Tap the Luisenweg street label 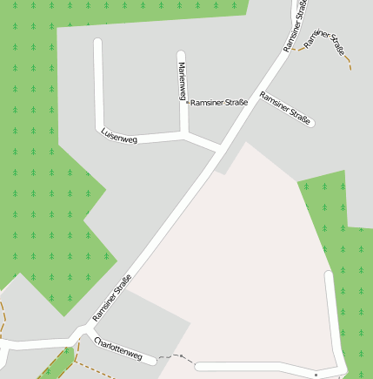pyautogui.click(x=119, y=136)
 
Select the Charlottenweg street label pyautogui.click(x=118, y=349)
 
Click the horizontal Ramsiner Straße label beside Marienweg pyautogui.click(x=219, y=103)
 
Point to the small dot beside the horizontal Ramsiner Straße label pyautogui.click(x=188, y=103)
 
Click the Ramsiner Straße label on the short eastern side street pyautogui.click(x=285, y=108)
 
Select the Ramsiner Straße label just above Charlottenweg pyautogui.click(x=111, y=297)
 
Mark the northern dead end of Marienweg pyautogui.click(x=181, y=55)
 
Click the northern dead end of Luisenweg pyautogui.click(x=97, y=42)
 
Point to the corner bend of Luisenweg pyautogui.click(x=101, y=131)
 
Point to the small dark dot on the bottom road pyautogui.click(x=316, y=374)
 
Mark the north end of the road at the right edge pyautogui.click(x=328, y=274)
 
